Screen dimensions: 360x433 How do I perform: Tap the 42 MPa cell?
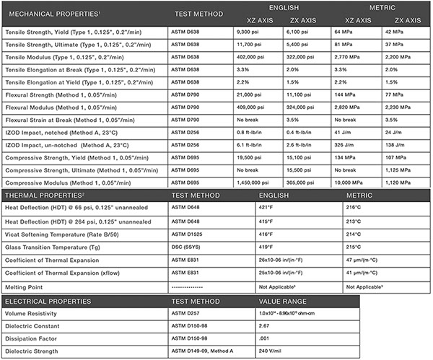[393, 32]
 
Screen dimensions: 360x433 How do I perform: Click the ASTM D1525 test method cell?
[188, 234]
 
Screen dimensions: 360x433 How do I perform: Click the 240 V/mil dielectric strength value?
[269, 351]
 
